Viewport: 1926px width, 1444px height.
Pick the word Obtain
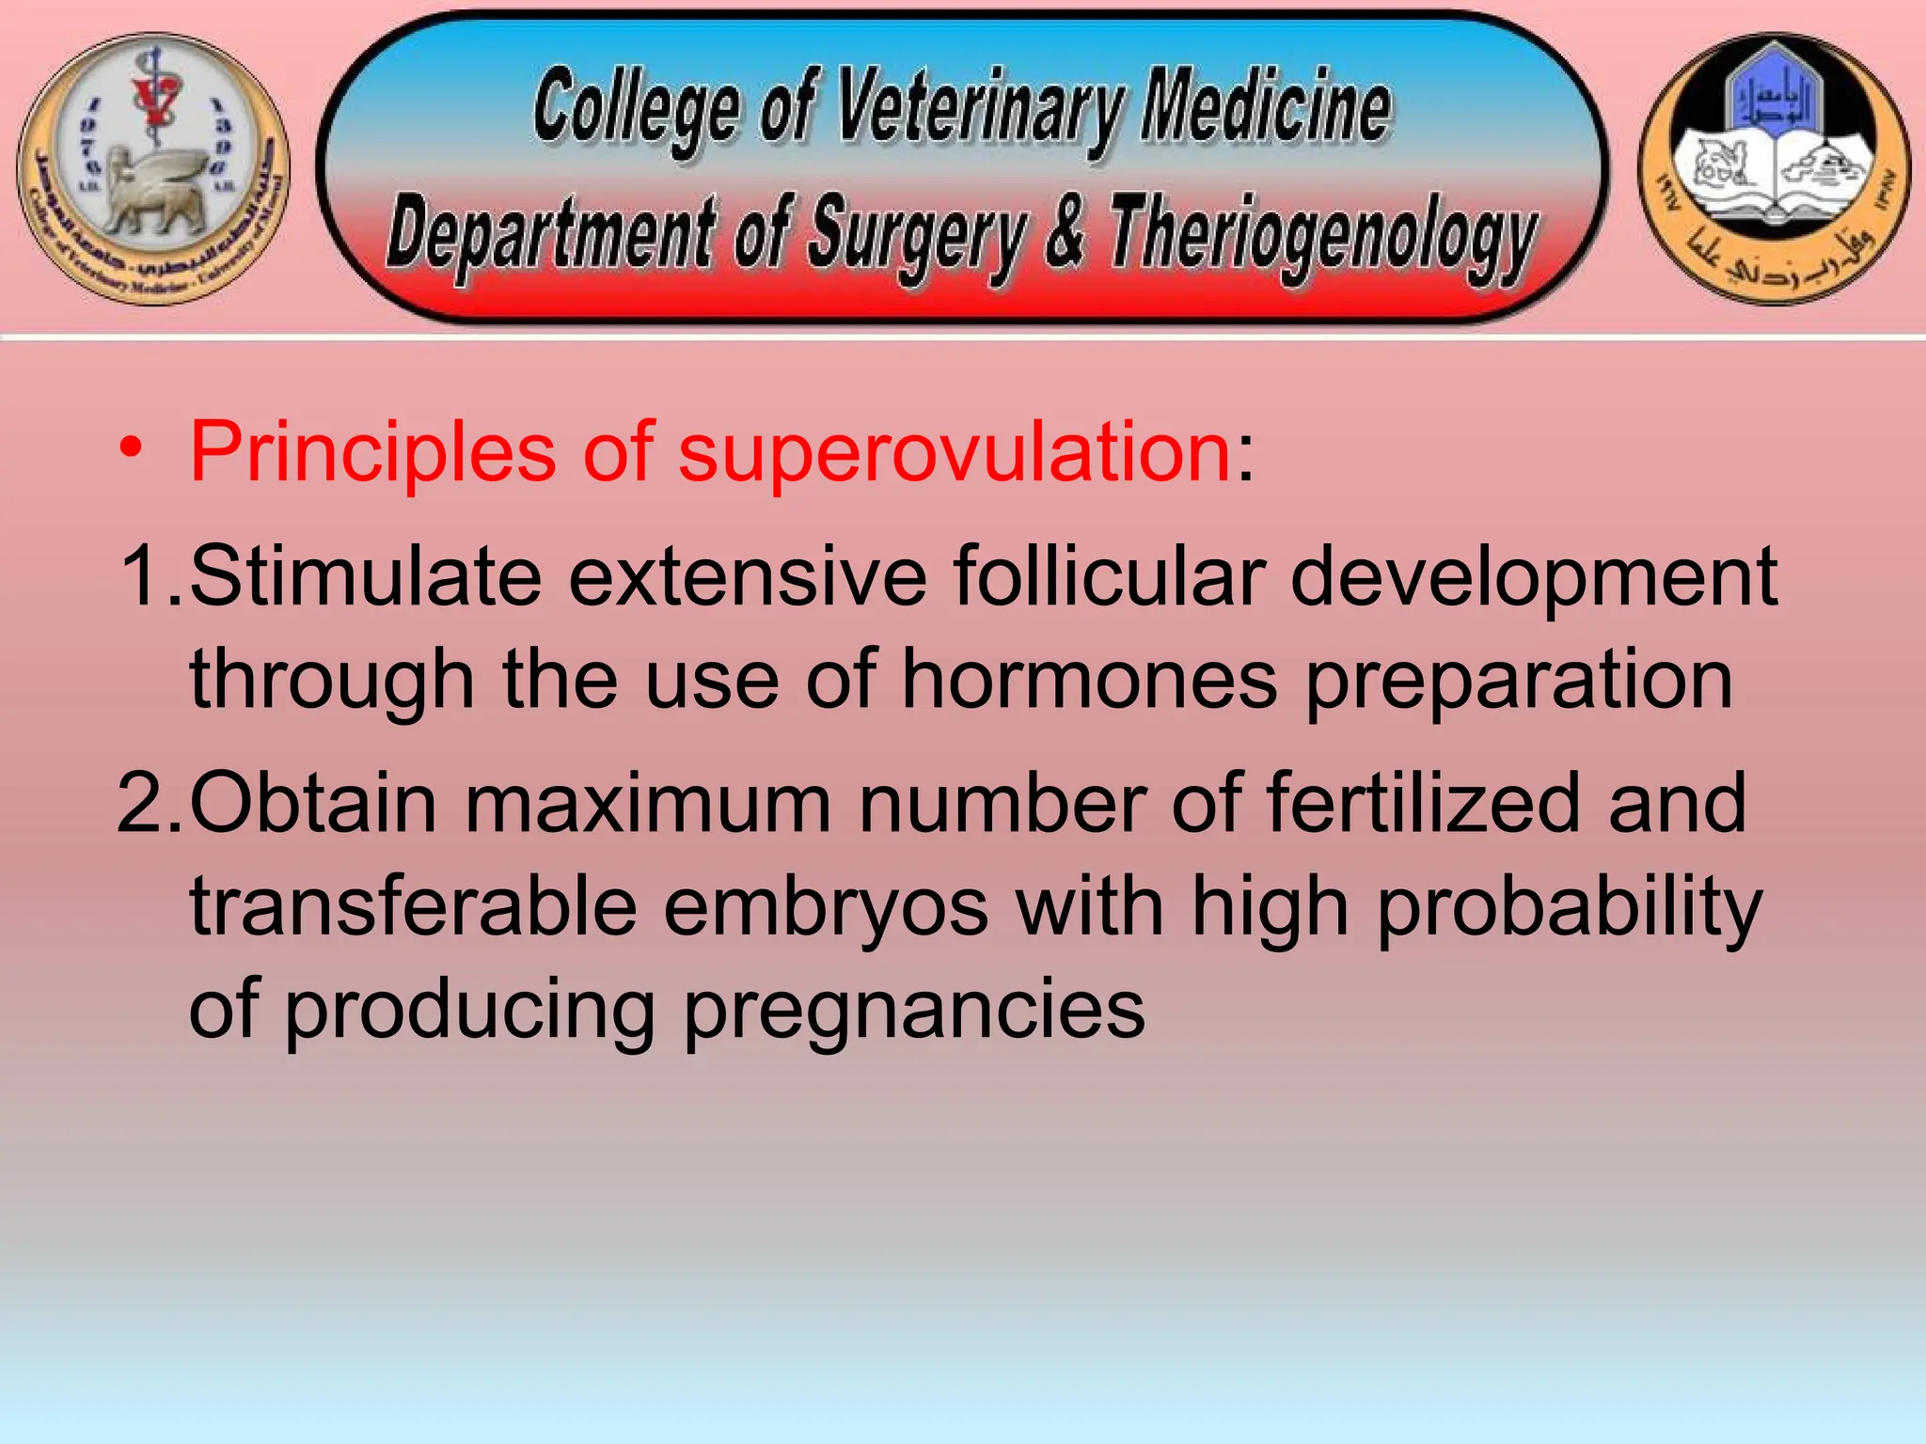coord(313,803)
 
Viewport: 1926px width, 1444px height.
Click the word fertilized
coord(1422,803)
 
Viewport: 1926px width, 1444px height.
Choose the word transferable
coord(413,906)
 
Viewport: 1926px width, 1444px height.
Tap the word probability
coord(1569,906)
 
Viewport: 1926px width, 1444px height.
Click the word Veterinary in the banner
coord(979,108)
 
